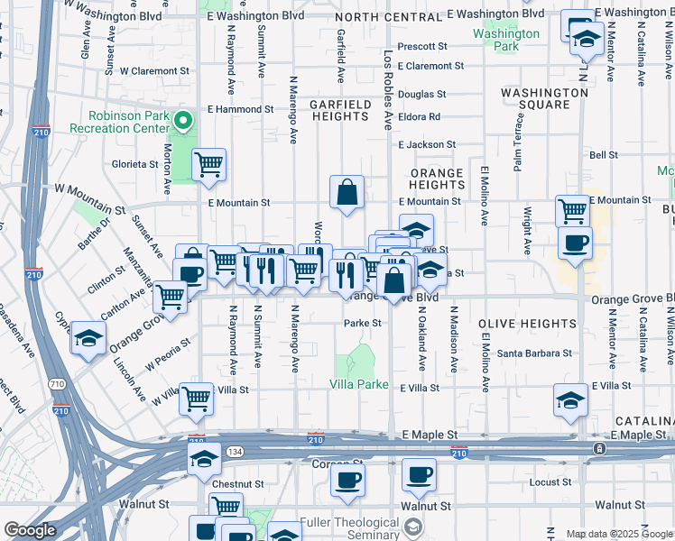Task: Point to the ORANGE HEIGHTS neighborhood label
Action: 437,179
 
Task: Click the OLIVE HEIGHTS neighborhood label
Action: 527,324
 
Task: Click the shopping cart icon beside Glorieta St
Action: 209,165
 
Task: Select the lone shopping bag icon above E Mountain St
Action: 347,192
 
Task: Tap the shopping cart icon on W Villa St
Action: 196,399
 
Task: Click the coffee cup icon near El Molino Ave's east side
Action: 575,243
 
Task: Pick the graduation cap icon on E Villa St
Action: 570,399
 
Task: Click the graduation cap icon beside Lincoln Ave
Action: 88,338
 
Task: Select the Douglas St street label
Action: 422,94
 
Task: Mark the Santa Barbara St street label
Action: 534,353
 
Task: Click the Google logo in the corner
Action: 30,530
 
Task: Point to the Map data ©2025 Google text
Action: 617,534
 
